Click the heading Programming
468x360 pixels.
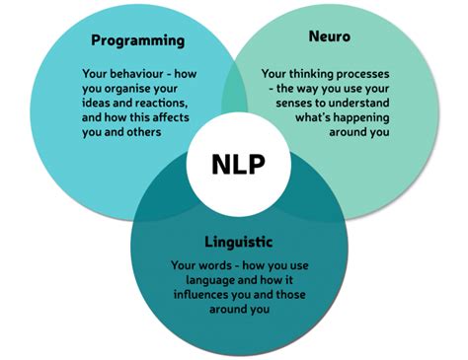tap(138, 41)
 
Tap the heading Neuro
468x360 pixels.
tap(330, 36)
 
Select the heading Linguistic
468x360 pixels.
tap(239, 243)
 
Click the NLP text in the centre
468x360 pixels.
tap(238, 164)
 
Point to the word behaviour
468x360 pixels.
tap(136, 74)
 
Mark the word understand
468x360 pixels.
tap(358, 103)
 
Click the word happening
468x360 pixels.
tap(357, 117)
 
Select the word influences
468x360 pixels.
tap(201, 294)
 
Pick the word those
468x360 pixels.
tap(290, 294)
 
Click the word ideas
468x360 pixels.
tap(96, 103)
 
